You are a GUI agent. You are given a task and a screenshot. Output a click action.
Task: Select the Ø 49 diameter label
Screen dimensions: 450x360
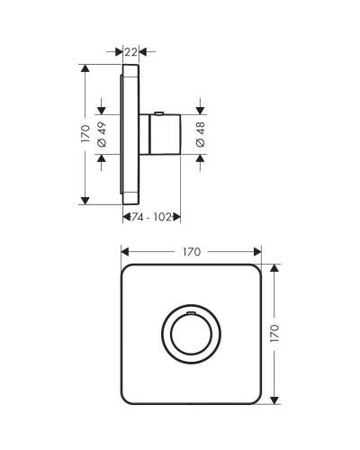click(101, 134)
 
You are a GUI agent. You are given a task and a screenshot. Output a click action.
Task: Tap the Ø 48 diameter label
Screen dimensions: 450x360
click(200, 134)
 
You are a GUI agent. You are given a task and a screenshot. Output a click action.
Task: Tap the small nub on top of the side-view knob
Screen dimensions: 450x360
click(159, 112)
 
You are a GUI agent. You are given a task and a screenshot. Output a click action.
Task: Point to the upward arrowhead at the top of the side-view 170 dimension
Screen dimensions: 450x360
click(86, 67)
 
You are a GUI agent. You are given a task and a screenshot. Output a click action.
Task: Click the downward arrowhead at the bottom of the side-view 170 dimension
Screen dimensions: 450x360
click(86, 202)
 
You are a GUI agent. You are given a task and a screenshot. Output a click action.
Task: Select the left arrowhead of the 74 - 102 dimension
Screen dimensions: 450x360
click(125, 217)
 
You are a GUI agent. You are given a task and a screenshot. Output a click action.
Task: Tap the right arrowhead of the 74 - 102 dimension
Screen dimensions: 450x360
click(179, 217)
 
